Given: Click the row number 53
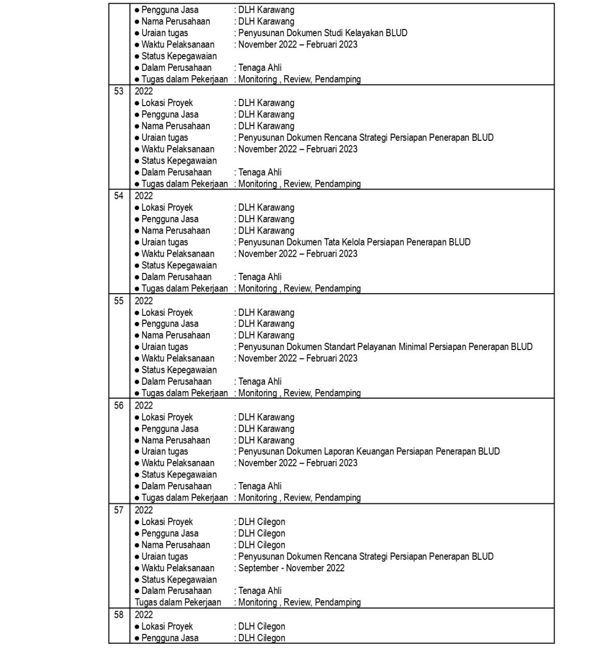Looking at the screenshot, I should (x=119, y=91).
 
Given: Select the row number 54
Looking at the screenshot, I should (x=119, y=196).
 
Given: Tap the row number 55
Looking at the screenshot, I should (x=119, y=301).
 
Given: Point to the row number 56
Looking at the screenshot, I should (x=119, y=405).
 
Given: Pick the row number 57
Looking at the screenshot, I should (x=119, y=510).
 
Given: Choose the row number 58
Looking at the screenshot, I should (x=119, y=615).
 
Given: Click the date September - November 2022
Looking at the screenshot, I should (x=291, y=568).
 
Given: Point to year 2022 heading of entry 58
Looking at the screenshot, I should (x=144, y=615).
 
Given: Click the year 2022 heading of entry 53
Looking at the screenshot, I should (x=144, y=91).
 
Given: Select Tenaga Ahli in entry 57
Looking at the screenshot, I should (x=260, y=591).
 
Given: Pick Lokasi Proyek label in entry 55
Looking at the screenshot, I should (x=167, y=313).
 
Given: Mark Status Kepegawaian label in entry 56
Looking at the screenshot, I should (x=179, y=475).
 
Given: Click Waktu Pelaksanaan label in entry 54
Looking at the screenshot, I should (x=177, y=254).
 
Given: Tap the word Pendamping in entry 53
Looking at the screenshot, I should (x=338, y=184).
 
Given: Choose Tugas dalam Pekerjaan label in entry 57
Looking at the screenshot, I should (x=178, y=603).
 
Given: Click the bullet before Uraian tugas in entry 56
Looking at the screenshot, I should (x=137, y=452).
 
